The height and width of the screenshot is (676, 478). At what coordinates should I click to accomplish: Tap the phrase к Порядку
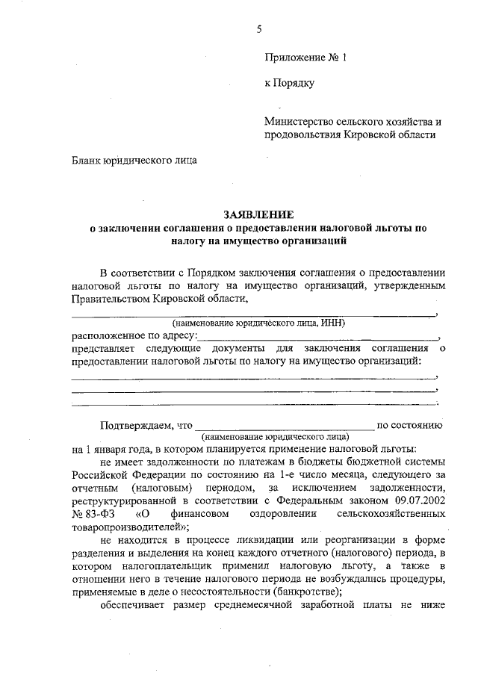289,83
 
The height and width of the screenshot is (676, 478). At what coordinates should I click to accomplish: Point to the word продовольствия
302,135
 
